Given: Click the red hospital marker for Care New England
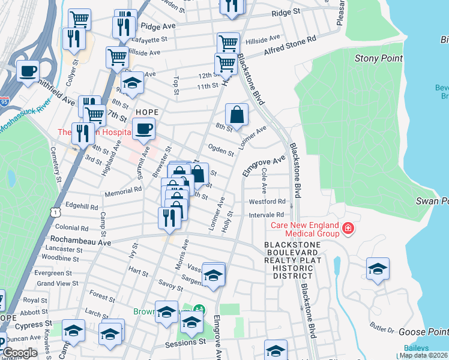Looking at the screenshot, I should (348, 228).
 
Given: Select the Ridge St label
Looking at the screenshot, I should (285, 12).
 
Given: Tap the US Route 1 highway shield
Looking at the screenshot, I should (55, 212).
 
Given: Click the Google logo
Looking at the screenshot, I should (20, 353).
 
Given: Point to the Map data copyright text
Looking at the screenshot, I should (423, 355).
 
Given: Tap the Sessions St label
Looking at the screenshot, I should (185, 343).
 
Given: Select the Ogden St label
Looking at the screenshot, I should (220, 148).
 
